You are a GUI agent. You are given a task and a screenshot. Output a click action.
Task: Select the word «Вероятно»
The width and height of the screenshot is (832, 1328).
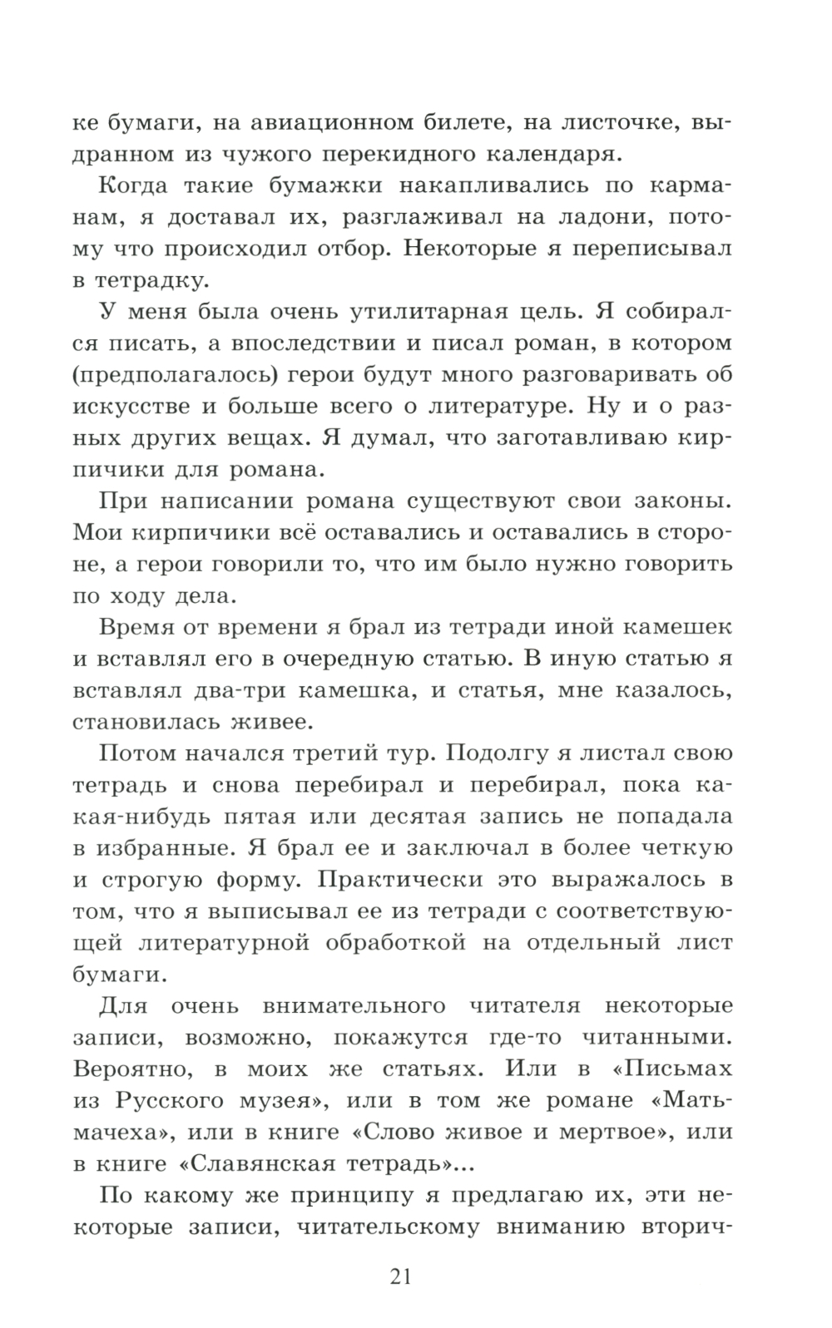[x=138, y=1069]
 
